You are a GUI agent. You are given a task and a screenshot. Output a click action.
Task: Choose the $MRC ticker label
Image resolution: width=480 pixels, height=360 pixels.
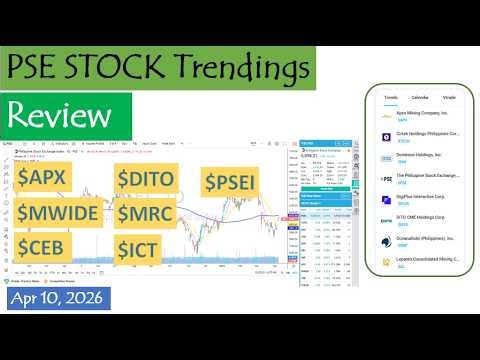coord(150,213)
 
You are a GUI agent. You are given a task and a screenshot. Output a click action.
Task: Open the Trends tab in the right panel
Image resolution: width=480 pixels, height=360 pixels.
coord(391,97)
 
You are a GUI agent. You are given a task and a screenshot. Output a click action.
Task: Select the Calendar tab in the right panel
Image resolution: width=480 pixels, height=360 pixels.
coord(420,97)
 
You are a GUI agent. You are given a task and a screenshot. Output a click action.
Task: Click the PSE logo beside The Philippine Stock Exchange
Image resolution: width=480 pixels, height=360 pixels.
coord(386,179)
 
